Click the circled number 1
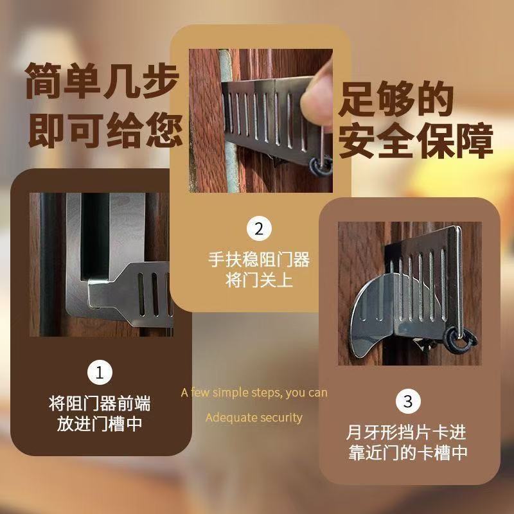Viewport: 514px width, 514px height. coord(100,372)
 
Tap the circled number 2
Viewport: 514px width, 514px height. coord(259,229)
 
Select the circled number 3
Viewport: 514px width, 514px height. coord(407,402)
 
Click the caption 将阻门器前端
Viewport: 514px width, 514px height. coord(100,403)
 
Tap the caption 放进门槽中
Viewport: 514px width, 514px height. coord(100,424)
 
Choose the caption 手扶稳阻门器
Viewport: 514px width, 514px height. coord(259,260)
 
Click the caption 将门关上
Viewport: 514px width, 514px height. coord(259,280)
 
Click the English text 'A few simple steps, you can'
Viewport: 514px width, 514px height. coord(254,393)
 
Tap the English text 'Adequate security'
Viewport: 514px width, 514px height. coord(254,418)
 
